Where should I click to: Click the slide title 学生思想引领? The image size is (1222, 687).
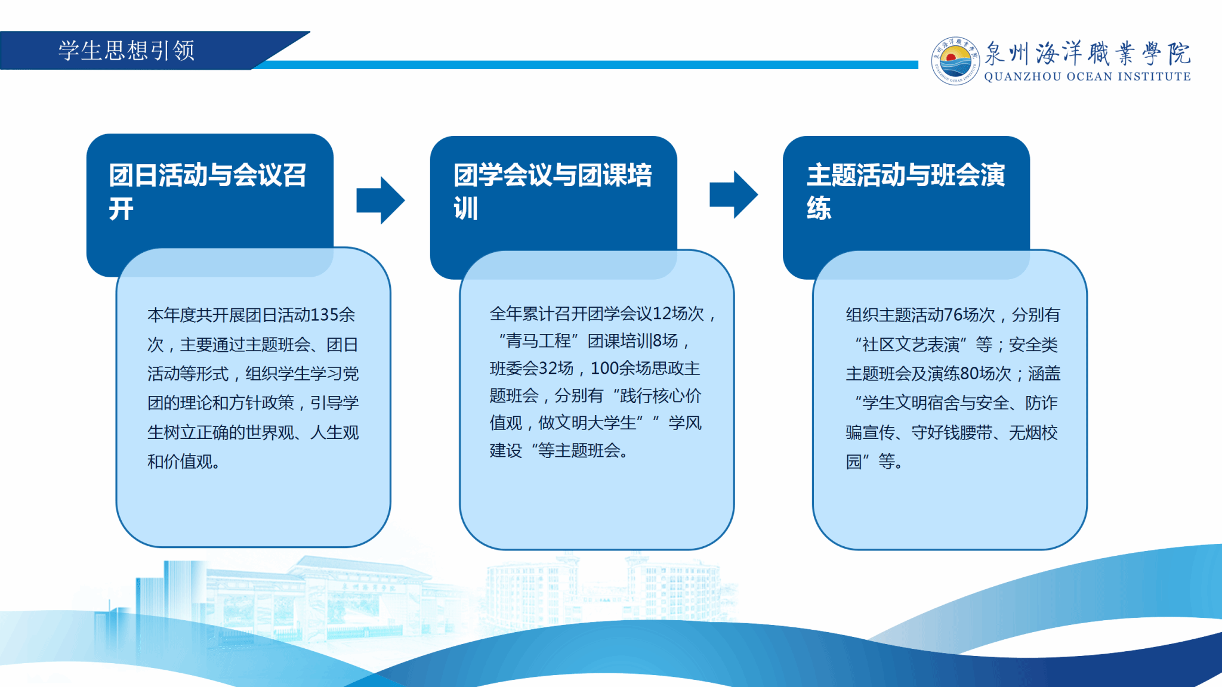tap(126, 51)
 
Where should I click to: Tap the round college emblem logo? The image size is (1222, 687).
tap(955, 61)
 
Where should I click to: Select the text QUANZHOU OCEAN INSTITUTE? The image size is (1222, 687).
tap(1087, 77)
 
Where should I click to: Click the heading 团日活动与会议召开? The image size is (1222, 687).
tap(207, 191)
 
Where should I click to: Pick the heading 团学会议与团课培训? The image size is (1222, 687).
tap(553, 191)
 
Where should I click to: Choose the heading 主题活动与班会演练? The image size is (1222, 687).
tap(906, 191)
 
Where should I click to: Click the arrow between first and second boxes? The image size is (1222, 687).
tap(381, 200)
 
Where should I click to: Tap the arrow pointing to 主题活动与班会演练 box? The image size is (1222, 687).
tap(734, 195)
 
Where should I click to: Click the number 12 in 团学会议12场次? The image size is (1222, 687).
tap(662, 314)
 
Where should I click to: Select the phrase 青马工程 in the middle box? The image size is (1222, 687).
tap(538, 341)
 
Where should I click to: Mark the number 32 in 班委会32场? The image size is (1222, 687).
tap(548, 369)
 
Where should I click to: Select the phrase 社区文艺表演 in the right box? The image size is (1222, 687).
tap(911, 345)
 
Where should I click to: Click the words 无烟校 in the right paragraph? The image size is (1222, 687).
tap(1033, 432)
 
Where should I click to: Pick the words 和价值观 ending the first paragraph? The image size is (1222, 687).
tap(180, 462)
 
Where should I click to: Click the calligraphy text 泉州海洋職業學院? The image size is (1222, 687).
tap(1087, 53)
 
